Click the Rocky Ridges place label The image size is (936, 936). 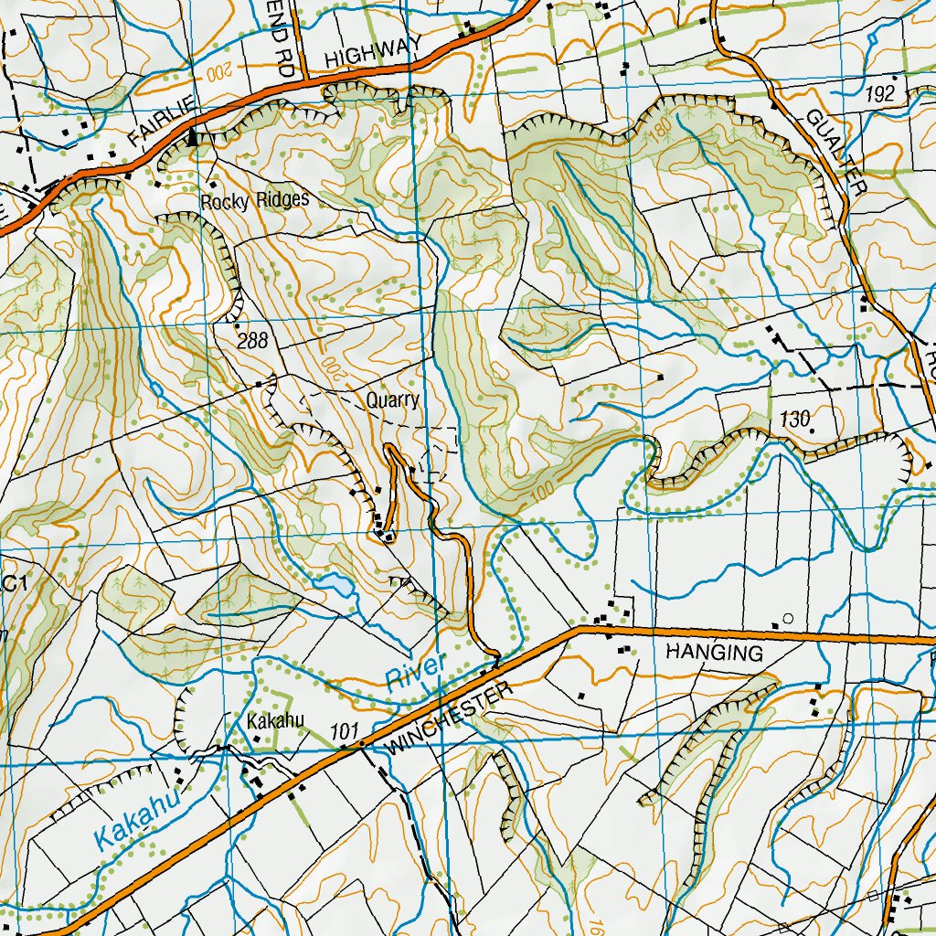pyautogui.click(x=255, y=200)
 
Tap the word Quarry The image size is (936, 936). pyautogui.click(x=393, y=400)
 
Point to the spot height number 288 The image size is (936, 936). pyautogui.click(x=252, y=342)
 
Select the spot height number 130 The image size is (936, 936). pyautogui.click(x=796, y=420)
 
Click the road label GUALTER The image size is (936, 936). pyautogui.click(x=835, y=151)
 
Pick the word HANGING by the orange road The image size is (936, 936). pyautogui.click(x=714, y=653)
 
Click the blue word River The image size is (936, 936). pyautogui.click(x=414, y=672)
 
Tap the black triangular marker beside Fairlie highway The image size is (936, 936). pyautogui.click(x=193, y=138)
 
